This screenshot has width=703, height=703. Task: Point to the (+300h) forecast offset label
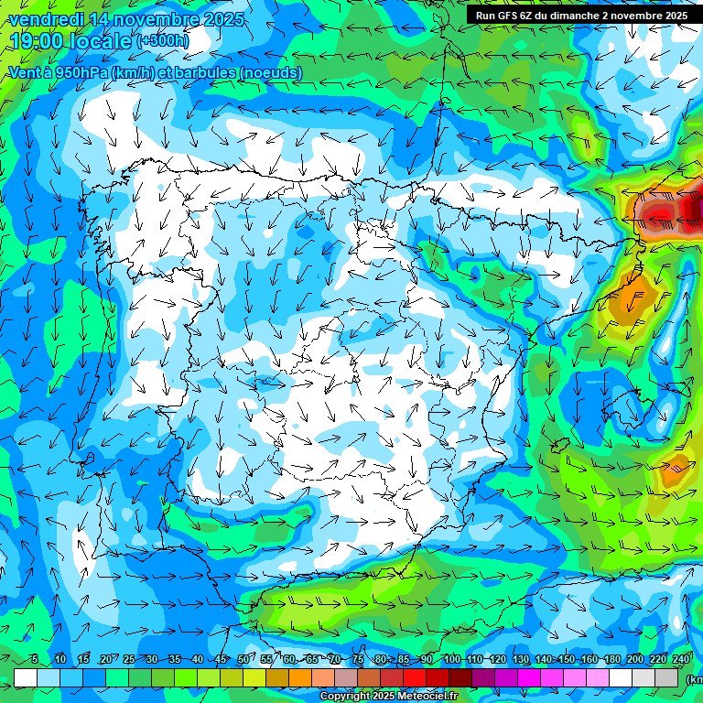pos(163,40)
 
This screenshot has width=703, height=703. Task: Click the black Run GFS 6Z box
pos(582,16)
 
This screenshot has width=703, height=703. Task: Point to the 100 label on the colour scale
pos(451,660)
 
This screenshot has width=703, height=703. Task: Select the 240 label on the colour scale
pos(681,660)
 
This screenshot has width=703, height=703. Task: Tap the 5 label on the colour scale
pos(35,660)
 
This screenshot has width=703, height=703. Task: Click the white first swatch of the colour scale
pos(26,677)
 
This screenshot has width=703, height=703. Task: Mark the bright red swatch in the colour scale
pos(415,677)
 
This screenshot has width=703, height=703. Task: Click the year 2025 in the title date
pos(224,19)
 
